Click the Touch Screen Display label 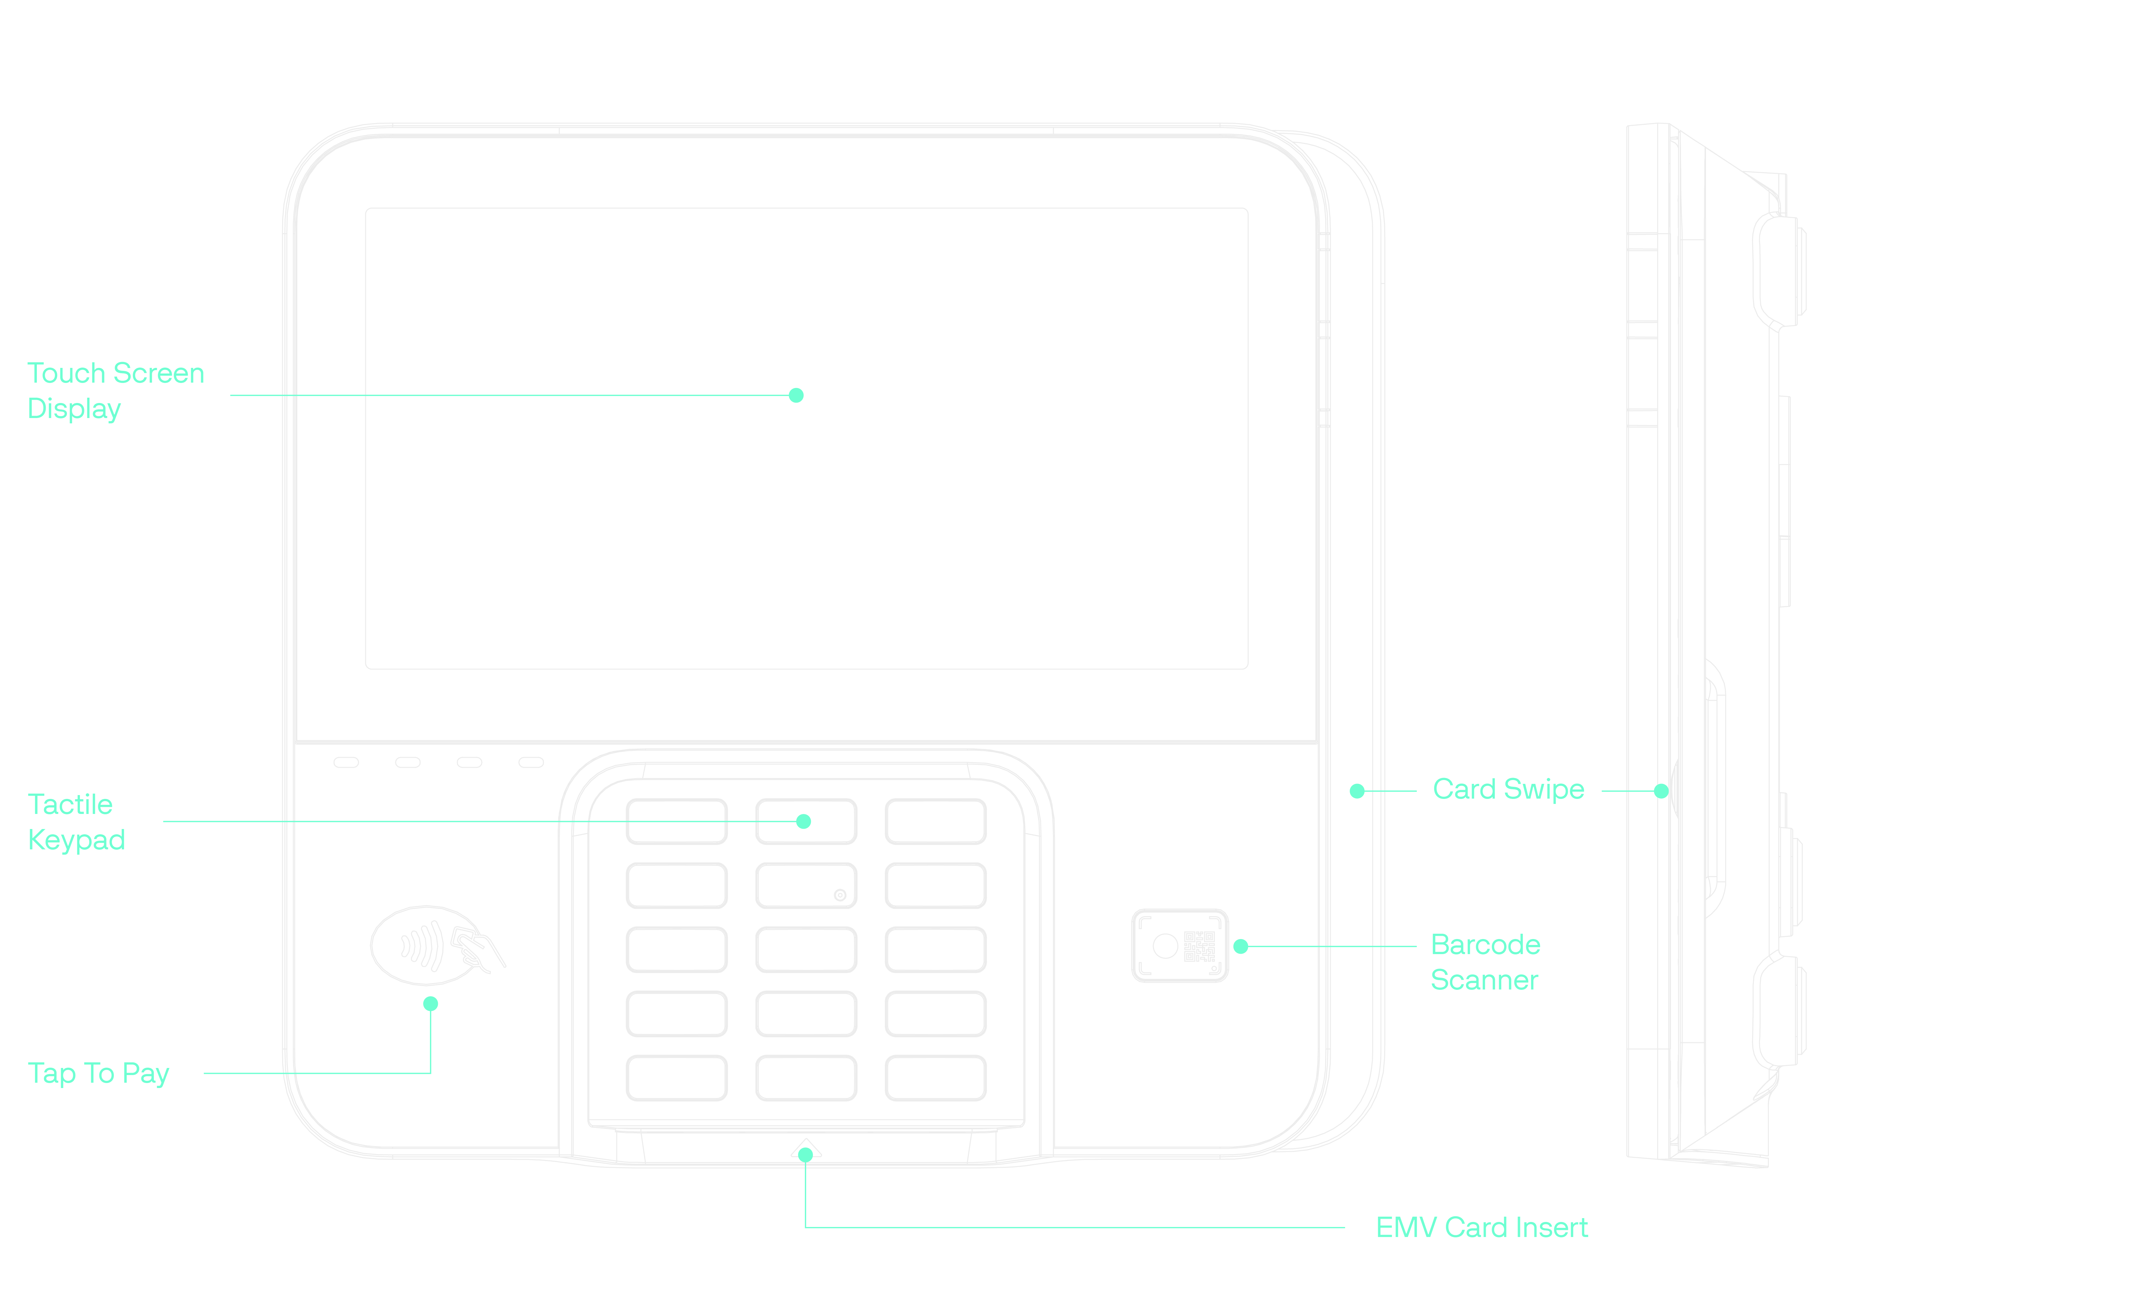pos(116,391)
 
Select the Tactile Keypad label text pos(76,822)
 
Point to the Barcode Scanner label pos(1485,962)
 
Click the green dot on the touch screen pos(796,396)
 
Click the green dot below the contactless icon pos(430,1004)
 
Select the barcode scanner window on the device pos(1179,946)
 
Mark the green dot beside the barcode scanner pos(1240,946)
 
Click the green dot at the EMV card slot pos(805,1154)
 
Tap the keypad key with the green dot pos(806,821)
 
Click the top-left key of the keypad pos(676,821)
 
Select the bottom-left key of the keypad pos(676,1078)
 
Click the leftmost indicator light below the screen pos(346,762)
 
